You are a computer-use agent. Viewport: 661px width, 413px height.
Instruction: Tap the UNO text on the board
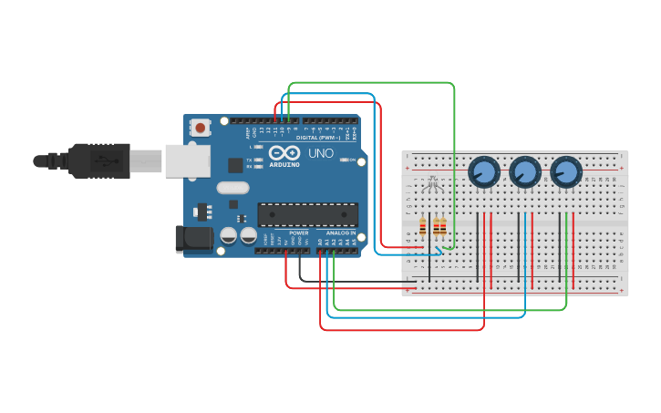pyautogui.click(x=320, y=153)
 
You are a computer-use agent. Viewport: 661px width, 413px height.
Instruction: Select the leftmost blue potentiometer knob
pyautogui.click(x=483, y=171)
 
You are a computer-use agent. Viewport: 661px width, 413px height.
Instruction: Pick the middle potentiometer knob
pyautogui.click(x=524, y=171)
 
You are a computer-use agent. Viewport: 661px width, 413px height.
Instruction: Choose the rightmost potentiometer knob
pyautogui.click(x=565, y=171)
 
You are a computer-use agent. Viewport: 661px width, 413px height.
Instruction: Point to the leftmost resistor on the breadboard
pyautogui.click(x=422, y=227)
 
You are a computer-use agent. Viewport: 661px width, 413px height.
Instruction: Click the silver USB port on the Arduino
pyautogui.click(x=187, y=160)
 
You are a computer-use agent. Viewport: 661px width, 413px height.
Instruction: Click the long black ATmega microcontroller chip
pyautogui.click(x=307, y=214)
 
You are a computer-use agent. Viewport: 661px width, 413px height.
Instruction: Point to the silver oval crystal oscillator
pyautogui.click(x=232, y=188)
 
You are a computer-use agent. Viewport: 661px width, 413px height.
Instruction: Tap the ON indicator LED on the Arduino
pyautogui.click(x=343, y=160)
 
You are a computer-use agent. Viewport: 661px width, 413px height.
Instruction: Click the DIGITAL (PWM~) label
pyautogui.click(x=319, y=138)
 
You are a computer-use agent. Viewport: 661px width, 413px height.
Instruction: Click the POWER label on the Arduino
pyautogui.click(x=299, y=232)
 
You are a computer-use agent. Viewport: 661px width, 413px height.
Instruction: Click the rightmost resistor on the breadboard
pyautogui.click(x=443, y=227)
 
